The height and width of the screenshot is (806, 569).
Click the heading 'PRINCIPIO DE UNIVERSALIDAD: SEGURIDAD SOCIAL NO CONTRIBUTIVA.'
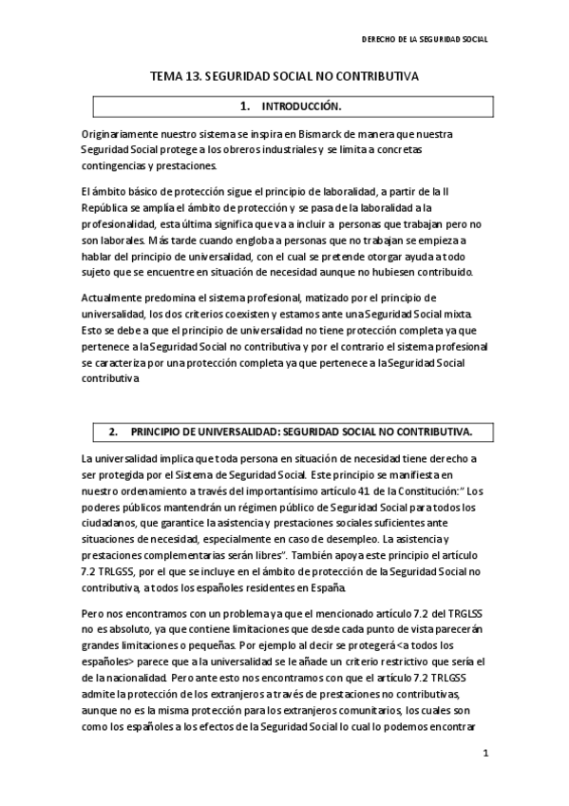[301, 432]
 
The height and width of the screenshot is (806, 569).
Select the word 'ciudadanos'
[111, 525]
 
